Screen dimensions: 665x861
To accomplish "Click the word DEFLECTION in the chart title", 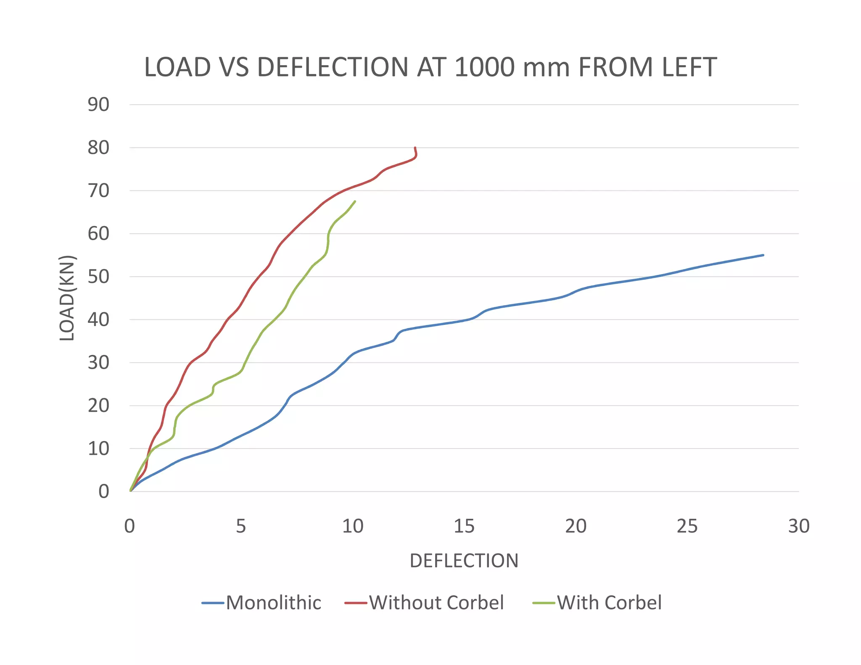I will pos(333,67).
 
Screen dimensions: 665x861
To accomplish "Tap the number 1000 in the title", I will pos(484,67).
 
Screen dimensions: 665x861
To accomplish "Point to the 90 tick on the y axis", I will pos(98,105).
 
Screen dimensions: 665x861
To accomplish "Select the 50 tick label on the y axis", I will pos(98,277).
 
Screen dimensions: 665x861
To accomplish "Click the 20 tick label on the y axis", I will pos(98,406).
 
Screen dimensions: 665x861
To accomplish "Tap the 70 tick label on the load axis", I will pos(98,191).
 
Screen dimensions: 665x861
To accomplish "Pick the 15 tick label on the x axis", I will pos(464,526).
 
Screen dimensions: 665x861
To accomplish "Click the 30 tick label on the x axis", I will pos(798,526).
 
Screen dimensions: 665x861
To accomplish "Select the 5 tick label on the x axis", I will pos(240,526).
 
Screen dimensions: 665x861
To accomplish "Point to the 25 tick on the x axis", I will pos(687,526).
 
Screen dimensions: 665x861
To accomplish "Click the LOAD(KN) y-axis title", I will pos(67,298).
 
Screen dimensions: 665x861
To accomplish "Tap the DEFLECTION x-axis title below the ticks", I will pos(464,561).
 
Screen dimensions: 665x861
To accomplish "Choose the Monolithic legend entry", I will pos(273,603).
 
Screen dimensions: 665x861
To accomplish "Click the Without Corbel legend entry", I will pos(436,603).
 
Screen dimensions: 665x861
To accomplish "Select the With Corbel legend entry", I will pos(609,603).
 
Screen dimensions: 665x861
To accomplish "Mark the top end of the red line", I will pos(415,148).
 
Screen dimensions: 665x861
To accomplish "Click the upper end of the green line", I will pos(355,201).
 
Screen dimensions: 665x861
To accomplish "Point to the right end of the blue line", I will pos(763,255).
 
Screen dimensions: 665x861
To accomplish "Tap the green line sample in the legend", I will pos(544,603).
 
